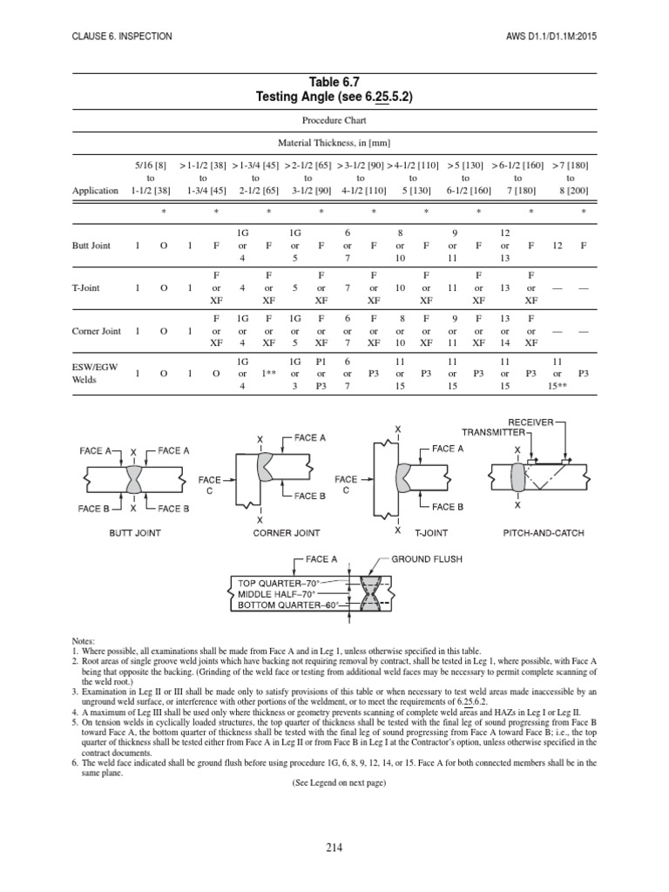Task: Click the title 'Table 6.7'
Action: [334, 82]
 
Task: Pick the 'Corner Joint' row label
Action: [98, 332]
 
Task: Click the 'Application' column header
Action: [96, 191]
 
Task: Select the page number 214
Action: [334, 846]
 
